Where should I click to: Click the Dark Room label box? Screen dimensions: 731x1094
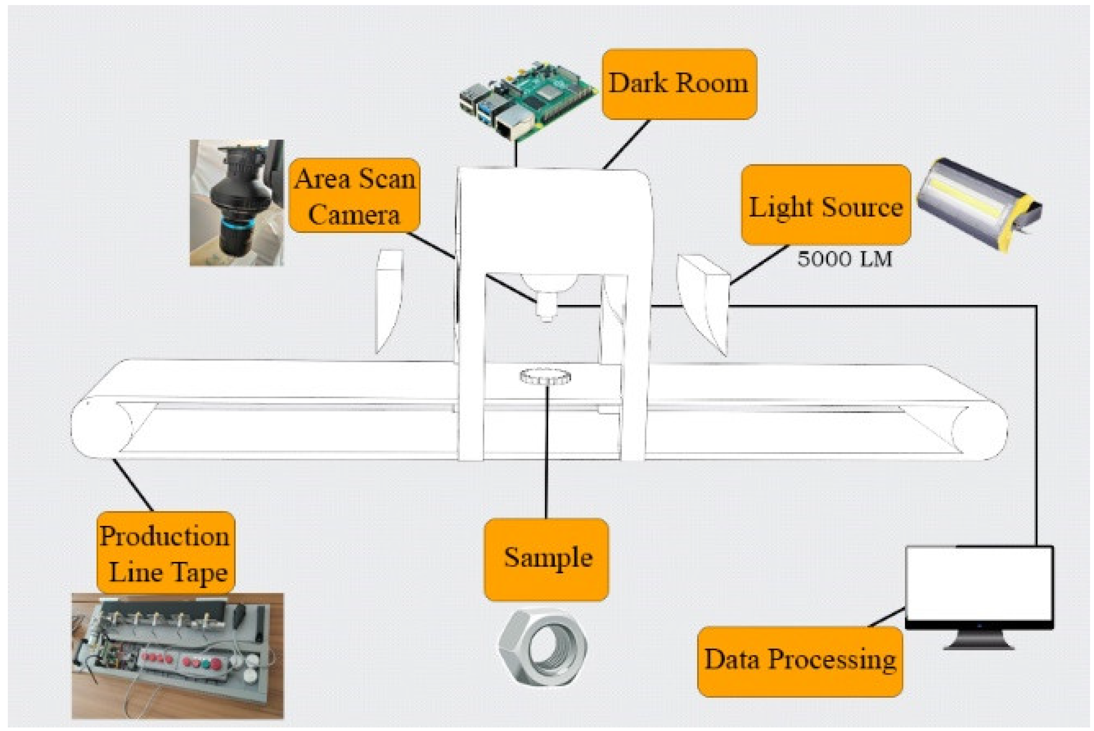pyautogui.click(x=679, y=84)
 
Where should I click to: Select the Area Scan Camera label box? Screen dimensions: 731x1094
pyautogui.click(x=354, y=196)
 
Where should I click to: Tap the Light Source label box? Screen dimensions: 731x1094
pyautogui.click(x=825, y=205)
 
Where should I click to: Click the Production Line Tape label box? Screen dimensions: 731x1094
pyautogui.click(x=166, y=553)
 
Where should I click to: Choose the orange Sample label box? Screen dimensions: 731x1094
pyautogui.click(x=546, y=558)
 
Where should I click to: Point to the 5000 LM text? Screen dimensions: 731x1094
pyautogui.click(x=844, y=259)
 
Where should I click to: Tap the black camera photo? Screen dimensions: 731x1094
pyautogui.click(x=236, y=203)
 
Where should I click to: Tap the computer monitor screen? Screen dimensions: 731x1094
pyautogui.click(x=979, y=585)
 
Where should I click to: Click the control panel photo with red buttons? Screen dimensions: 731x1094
pyautogui.click(x=177, y=655)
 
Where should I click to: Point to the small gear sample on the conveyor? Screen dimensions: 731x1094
pyautogui.click(x=545, y=376)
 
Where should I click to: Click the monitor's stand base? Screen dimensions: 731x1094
pyautogui.click(x=979, y=646)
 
